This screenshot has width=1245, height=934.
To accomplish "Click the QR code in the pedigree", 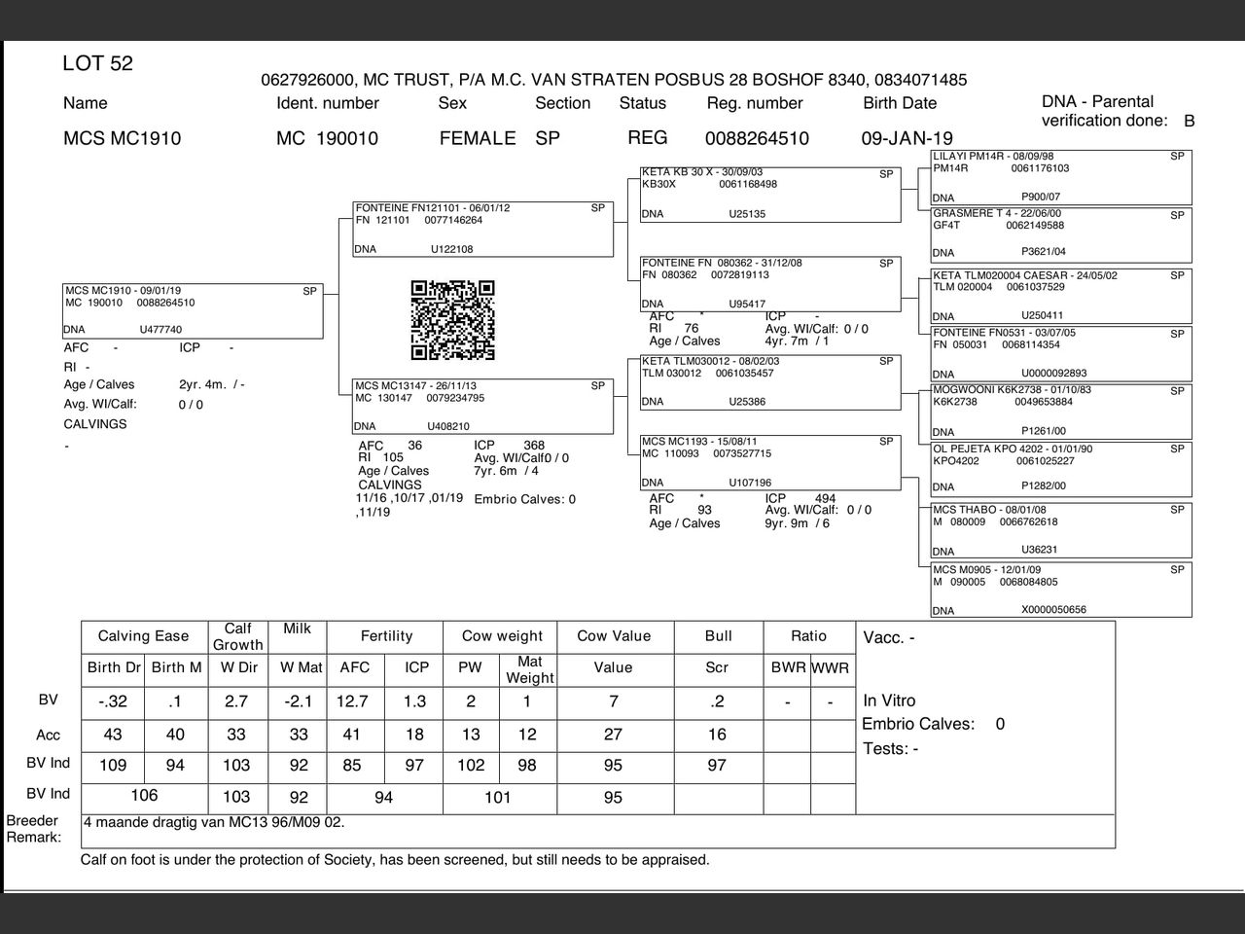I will tap(452, 320).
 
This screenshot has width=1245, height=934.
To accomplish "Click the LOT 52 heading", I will tap(97, 64).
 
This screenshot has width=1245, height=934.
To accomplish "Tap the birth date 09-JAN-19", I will tap(907, 138).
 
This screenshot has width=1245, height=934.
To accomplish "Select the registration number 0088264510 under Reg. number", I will tap(756, 138).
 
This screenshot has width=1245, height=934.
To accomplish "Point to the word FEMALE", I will tap(477, 138).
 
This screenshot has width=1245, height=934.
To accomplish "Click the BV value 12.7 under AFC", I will tap(352, 701).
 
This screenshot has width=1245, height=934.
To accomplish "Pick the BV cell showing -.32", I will tap(113, 701).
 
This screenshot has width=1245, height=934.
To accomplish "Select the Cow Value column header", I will tap(613, 636).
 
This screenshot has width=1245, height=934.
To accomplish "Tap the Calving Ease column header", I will tap(143, 636).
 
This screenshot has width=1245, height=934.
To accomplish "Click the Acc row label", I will tap(48, 735).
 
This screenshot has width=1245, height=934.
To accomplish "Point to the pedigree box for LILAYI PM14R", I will tap(1060, 176).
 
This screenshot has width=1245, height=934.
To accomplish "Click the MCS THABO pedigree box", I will tap(1060, 529).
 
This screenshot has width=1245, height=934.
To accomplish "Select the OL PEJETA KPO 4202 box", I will tap(1060, 468).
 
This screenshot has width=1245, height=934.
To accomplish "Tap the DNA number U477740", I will tap(160, 330).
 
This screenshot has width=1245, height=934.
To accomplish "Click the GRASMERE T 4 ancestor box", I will tap(1060, 233).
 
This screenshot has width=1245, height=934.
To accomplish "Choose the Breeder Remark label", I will tap(33, 829).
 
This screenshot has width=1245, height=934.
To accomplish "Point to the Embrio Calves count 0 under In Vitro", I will tap(1000, 724).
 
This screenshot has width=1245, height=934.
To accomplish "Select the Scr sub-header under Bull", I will tap(717, 667).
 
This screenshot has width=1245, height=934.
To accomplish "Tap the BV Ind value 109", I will tap(113, 766).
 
